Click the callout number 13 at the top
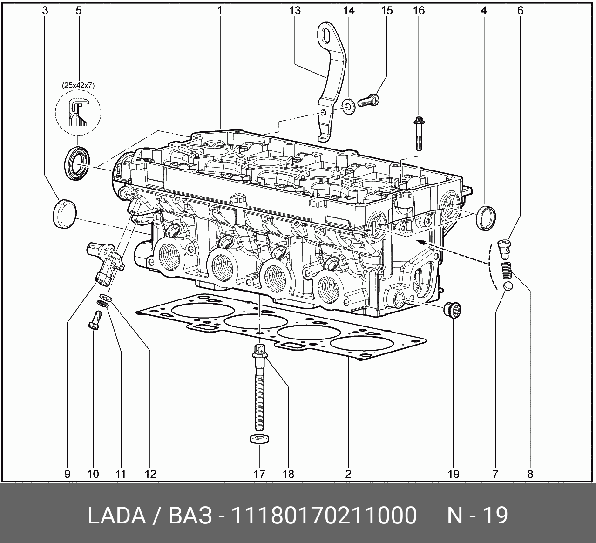(295, 11)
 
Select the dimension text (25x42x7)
(78, 86)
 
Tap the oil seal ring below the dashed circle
(77, 163)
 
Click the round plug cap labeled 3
(65, 214)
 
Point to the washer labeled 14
(348, 107)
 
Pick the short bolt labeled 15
(368, 101)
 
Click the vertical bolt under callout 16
(419, 134)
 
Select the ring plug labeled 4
(486, 217)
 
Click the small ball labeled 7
(508, 286)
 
